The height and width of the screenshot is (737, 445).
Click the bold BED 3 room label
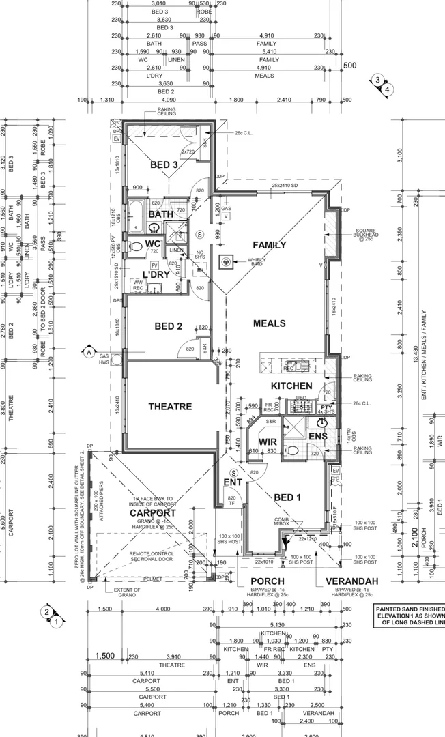(164, 165)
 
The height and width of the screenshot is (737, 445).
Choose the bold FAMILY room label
(270, 245)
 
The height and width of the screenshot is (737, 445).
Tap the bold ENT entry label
(233, 483)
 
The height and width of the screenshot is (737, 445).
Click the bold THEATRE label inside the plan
(170, 407)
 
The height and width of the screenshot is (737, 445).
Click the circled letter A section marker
(88, 352)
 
